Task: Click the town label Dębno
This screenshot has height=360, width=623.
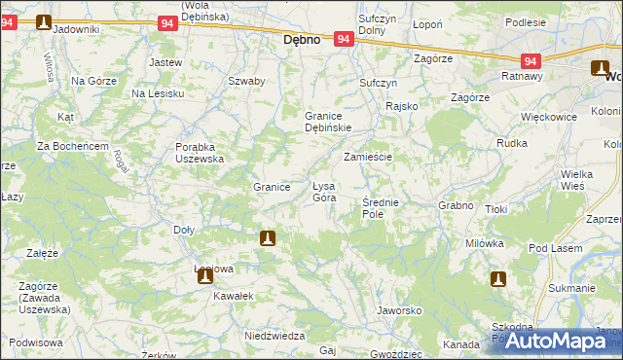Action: click(x=302, y=41)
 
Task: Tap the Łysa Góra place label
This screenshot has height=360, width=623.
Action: click(x=324, y=191)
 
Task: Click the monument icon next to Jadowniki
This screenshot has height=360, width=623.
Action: click(x=44, y=21)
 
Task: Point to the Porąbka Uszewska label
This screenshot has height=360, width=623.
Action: click(x=200, y=153)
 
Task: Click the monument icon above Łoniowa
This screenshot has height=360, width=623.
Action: click(x=205, y=275)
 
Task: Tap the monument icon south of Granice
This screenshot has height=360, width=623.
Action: click(x=268, y=237)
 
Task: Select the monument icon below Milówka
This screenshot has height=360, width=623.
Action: click(x=497, y=279)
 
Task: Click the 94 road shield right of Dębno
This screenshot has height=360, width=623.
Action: click(x=343, y=39)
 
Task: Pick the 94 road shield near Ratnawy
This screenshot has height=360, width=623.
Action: click(x=530, y=60)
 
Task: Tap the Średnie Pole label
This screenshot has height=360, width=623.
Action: click(x=379, y=207)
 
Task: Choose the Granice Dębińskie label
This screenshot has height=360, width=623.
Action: click(x=328, y=121)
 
